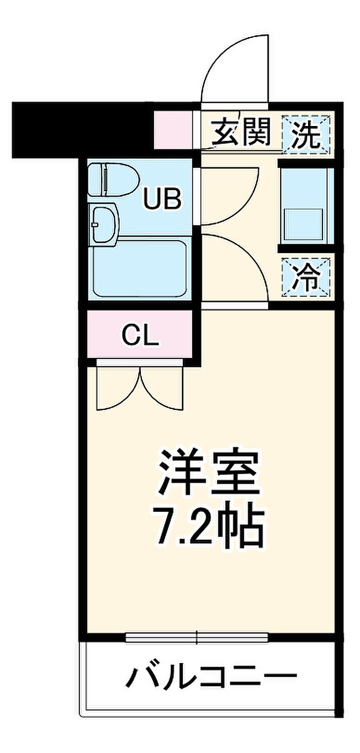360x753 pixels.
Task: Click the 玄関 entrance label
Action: [241, 133]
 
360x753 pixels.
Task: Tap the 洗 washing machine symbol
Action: [306, 134]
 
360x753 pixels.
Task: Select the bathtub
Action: [139, 267]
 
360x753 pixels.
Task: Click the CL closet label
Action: [140, 335]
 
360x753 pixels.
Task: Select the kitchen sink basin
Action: [302, 224]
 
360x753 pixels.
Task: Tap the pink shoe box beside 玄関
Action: [173, 130]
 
